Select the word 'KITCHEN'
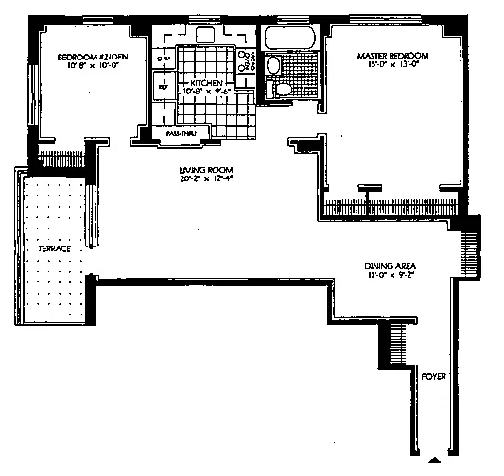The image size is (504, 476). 206,84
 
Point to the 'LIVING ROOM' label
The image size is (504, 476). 200,171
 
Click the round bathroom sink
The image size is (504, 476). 272,67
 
